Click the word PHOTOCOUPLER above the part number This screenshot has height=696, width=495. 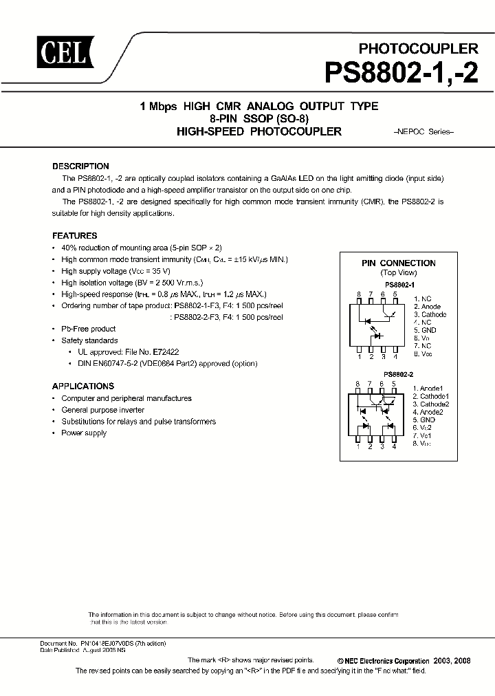(419, 49)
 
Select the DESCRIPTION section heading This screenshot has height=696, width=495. (80, 166)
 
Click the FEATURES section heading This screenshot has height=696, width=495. (74, 235)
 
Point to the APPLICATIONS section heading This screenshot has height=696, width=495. (82, 387)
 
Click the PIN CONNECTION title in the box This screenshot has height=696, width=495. (398, 263)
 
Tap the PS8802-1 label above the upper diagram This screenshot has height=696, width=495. (399, 284)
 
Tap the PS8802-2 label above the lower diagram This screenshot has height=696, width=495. (398, 376)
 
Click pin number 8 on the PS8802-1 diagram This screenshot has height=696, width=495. (358, 294)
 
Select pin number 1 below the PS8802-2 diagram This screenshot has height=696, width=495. (357, 446)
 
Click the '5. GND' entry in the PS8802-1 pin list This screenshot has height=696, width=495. (424, 330)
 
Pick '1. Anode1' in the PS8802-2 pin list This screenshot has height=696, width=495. (428, 388)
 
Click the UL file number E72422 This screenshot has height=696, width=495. (166, 352)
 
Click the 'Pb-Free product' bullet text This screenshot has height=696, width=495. (89, 329)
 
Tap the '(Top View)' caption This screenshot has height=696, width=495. (398, 273)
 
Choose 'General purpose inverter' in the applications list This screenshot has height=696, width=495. (104, 410)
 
